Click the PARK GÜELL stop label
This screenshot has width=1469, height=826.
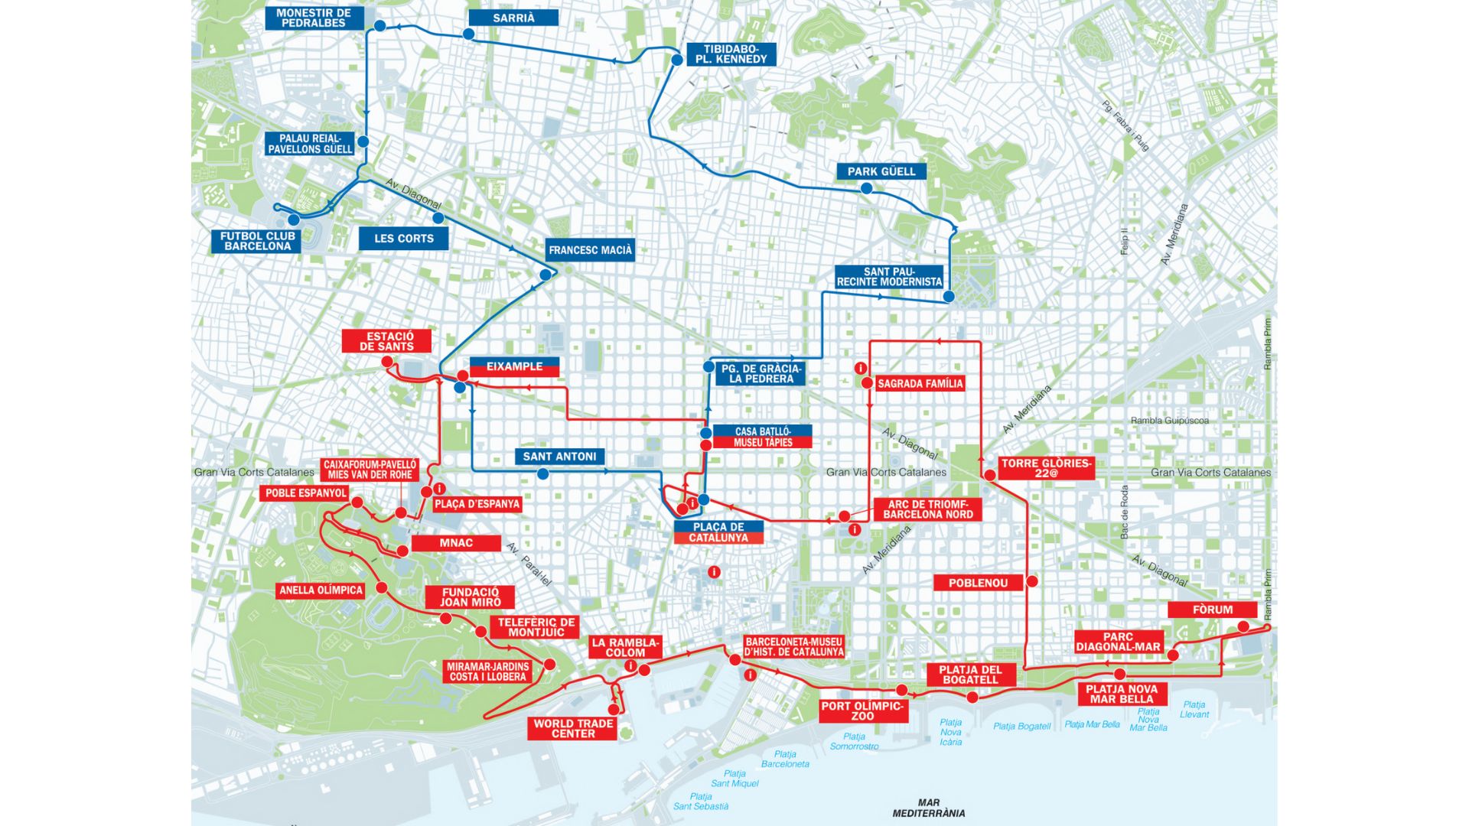click(881, 171)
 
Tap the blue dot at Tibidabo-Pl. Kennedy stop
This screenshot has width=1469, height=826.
click(677, 60)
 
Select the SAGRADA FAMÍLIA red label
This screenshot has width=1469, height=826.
click(920, 383)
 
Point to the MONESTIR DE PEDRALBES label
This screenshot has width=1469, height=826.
click(314, 18)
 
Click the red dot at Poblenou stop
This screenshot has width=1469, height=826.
click(1031, 581)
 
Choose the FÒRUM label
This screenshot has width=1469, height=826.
click(1213, 610)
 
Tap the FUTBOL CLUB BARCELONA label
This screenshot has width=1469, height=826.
click(257, 241)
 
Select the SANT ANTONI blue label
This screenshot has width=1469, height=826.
click(559, 456)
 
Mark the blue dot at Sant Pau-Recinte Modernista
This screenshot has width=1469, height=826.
click(949, 296)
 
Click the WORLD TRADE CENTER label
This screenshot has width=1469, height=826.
click(573, 728)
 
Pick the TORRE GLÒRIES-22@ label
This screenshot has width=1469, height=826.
click(1046, 467)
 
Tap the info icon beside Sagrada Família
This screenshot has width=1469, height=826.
click(860, 368)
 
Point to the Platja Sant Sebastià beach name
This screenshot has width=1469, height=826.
click(701, 801)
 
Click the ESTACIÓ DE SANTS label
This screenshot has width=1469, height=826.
click(387, 341)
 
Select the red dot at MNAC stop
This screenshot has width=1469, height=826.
click(402, 551)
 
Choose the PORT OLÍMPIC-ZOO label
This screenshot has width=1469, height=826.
click(862, 711)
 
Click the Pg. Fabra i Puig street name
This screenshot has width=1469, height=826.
click(1125, 125)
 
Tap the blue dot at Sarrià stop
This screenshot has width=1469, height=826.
click(468, 34)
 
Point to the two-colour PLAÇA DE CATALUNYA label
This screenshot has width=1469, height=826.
click(718, 532)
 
